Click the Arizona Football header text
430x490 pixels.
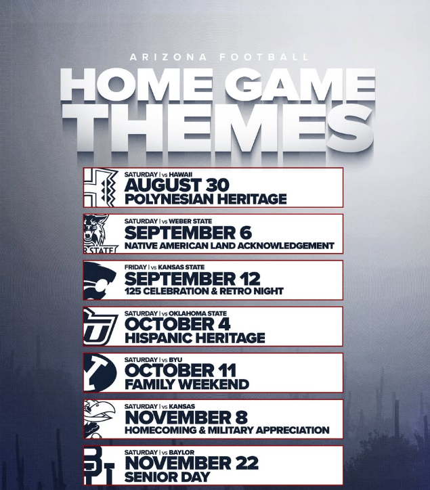click(219, 57)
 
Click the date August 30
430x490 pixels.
click(177, 185)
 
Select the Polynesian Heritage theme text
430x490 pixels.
click(205, 199)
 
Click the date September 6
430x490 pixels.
click(188, 233)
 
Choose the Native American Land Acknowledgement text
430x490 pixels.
click(230, 246)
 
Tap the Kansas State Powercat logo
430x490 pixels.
click(100, 280)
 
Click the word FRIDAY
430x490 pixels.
click(135, 267)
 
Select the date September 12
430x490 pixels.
click(192, 279)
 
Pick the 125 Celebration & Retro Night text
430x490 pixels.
click(204, 291)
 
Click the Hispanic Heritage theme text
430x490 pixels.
click(194, 338)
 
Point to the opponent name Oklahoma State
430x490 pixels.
click(198, 313)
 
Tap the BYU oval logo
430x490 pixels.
click(100, 373)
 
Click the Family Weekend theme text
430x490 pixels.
click(187, 384)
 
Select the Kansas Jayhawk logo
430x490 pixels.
click(100, 419)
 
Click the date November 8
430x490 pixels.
click(186, 418)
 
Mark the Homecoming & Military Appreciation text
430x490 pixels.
click(227, 430)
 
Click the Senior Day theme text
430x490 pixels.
click(167, 477)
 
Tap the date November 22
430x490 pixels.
click(192, 463)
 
